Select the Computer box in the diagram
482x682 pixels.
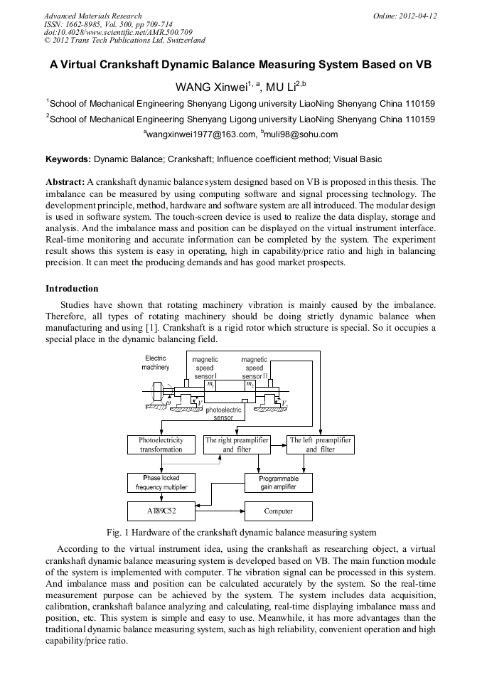[278, 511]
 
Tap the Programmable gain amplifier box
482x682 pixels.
[278, 482]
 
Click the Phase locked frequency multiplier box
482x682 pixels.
[161, 482]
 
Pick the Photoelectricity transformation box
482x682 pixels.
[161, 444]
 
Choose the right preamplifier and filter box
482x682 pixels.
[237, 444]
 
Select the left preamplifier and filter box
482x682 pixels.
[320, 444]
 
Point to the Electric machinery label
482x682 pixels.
[156, 363]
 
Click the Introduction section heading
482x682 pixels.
[72, 289]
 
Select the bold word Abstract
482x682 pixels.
[65, 182]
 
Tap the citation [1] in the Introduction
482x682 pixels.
[151, 328]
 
